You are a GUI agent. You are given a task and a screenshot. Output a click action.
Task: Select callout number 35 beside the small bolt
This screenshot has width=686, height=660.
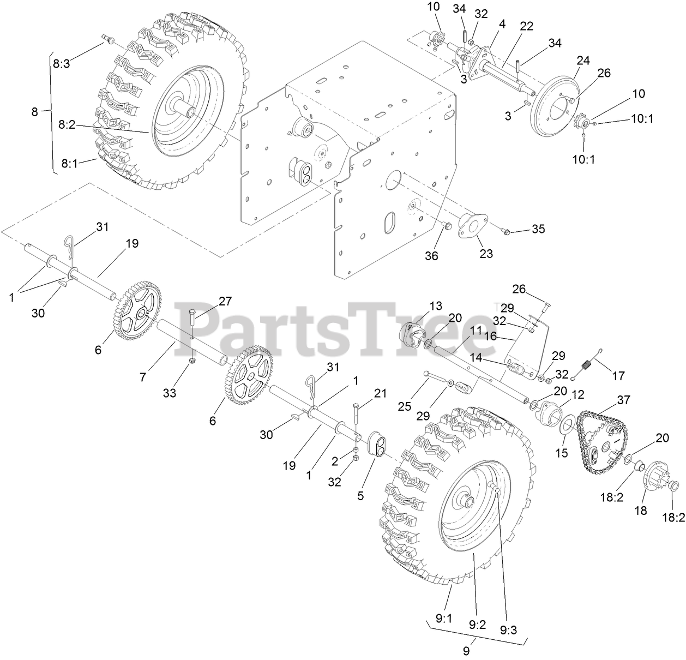coord(538,229)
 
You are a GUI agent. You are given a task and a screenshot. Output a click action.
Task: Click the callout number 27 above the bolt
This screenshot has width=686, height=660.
coord(225,301)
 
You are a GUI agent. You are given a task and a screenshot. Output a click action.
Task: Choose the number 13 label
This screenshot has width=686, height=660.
coord(435,306)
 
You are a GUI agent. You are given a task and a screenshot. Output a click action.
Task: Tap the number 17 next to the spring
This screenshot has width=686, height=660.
coord(618,376)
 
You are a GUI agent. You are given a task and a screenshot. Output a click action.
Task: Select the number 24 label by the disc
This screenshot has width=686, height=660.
coord(583,61)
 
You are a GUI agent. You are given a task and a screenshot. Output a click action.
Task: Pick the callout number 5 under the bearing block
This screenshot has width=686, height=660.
coord(360,496)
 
